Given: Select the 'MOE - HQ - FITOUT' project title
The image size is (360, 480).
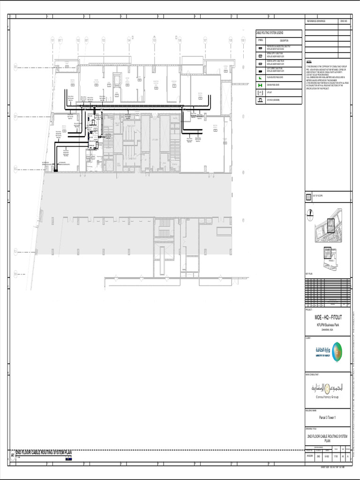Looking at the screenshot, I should [327, 317].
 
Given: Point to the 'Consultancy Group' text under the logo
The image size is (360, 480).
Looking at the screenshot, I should [327, 397].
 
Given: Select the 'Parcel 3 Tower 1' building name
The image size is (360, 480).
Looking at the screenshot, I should [327, 417].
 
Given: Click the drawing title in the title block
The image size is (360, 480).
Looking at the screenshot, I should [327, 438].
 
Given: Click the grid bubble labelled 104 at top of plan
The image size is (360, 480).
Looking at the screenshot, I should [128, 41].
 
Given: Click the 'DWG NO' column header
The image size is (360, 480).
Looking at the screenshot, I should [343, 22].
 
